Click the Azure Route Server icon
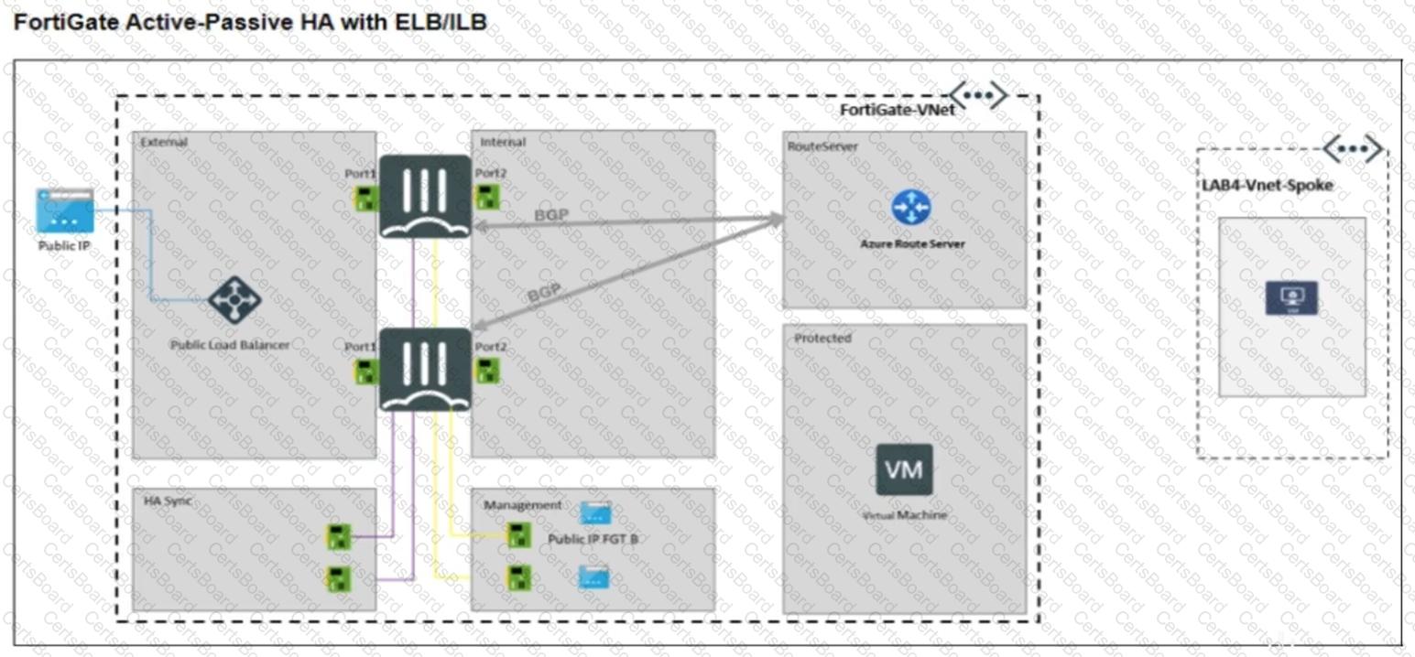[x=910, y=208]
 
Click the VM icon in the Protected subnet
[x=904, y=469]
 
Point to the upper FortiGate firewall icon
[x=425, y=196]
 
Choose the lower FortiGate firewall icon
[x=425, y=369]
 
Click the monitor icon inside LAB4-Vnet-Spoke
[x=1291, y=297]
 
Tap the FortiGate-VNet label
[x=898, y=110]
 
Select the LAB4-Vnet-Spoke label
[x=1267, y=185]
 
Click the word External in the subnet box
[x=164, y=142]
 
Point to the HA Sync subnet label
[x=168, y=501]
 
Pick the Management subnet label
[x=523, y=505]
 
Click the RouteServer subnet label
[x=821, y=145]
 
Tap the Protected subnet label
[x=822, y=338]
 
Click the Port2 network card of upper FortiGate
[x=487, y=196]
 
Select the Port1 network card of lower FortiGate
[x=366, y=371]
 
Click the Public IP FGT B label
[x=593, y=539]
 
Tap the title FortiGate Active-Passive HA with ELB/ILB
[x=250, y=22]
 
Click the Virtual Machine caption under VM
[x=904, y=515]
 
